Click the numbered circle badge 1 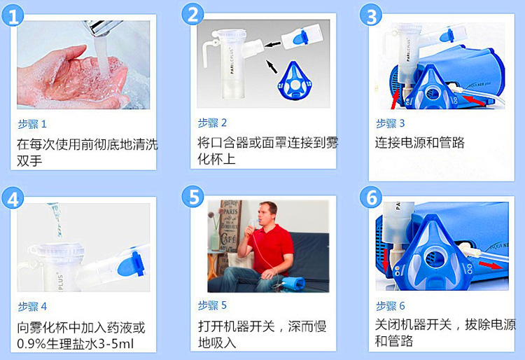tap(13, 15)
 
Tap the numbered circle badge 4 tap(13, 199)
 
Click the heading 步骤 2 tap(212, 123)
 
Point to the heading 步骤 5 tap(212, 305)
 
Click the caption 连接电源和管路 tap(419, 143)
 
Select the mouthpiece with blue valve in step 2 tap(302, 37)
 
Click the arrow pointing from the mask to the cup tap(272, 66)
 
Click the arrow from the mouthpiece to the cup tap(272, 45)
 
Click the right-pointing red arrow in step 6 tap(491, 265)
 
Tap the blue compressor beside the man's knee tap(293, 284)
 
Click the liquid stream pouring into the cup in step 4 tap(56, 219)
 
